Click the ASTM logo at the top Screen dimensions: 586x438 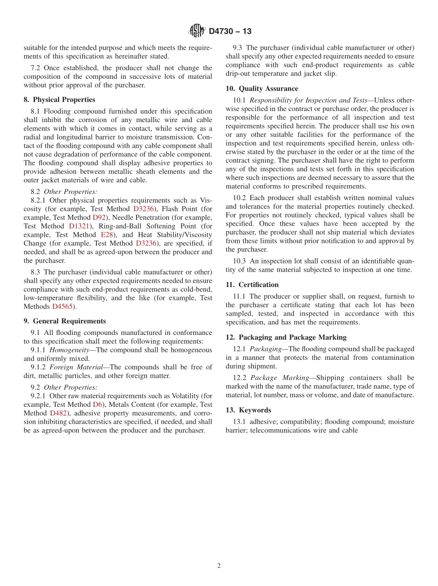[x=197, y=31]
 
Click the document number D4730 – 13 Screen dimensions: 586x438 [x=230, y=31]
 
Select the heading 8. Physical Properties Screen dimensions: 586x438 [x=59, y=100]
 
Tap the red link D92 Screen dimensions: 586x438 [x=99, y=217]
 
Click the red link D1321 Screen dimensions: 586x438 [x=79, y=226]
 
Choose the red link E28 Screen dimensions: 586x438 [x=106, y=235]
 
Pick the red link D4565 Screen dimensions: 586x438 [x=62, y=307]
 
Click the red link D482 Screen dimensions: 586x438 [x=58, y=413]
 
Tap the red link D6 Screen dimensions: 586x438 [x=98, y=404]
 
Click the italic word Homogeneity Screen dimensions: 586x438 [x=69, y=350]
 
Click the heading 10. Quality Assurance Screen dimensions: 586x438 [x=262, y=88]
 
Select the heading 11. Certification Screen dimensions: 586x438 [x=252, y=285]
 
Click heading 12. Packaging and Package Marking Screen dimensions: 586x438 [x=286, y=337]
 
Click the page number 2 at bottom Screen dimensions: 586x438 [x=219, y=566]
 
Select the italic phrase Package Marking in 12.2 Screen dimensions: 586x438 [x=279, y=378]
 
